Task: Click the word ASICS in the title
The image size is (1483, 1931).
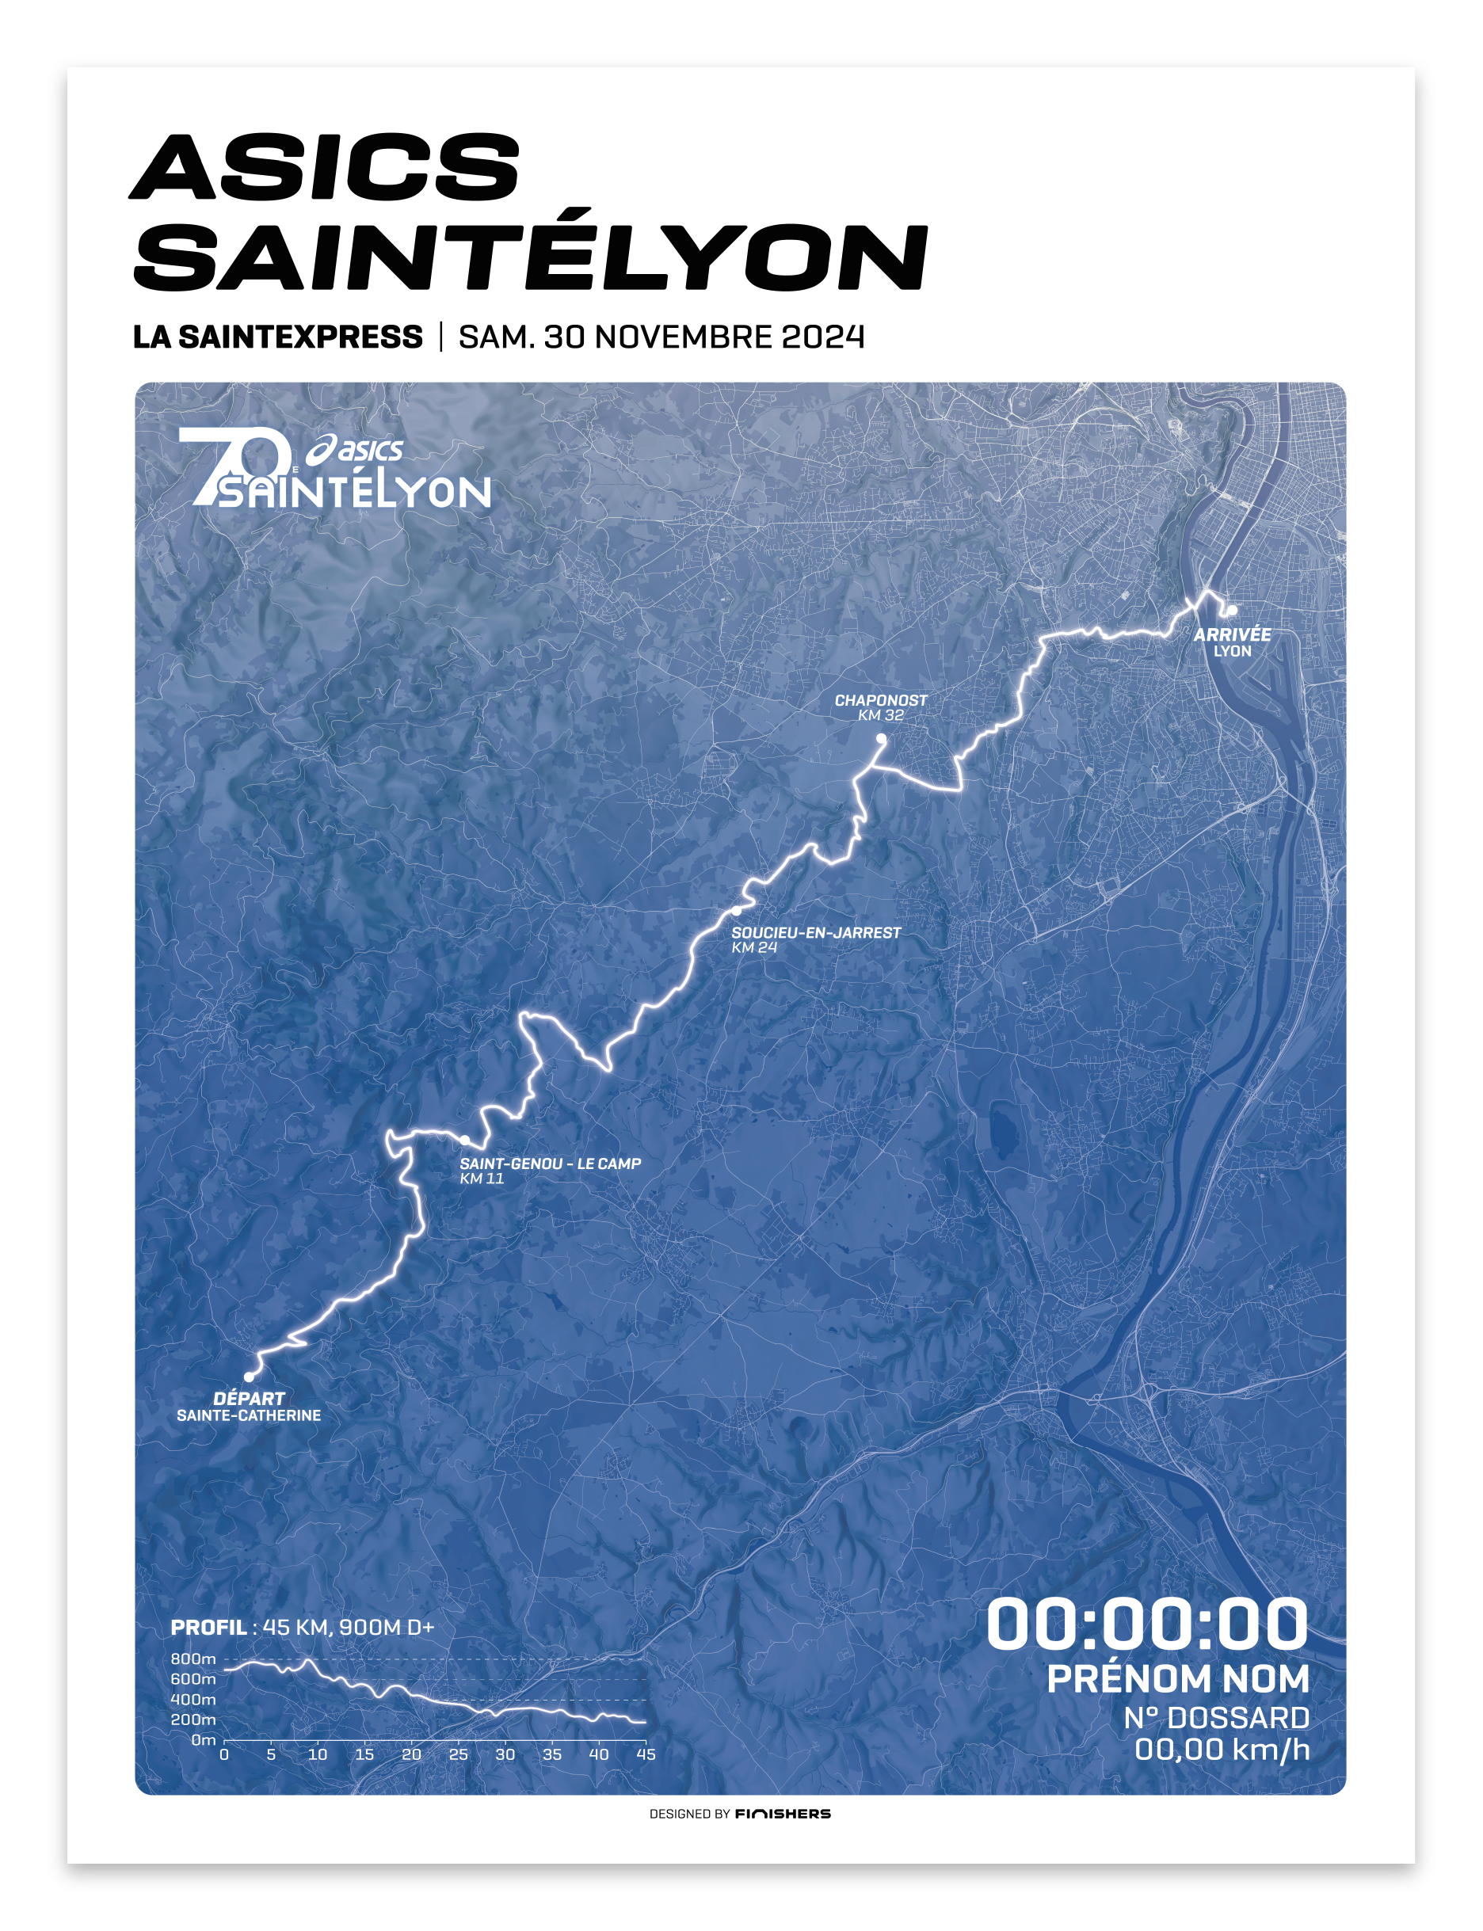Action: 325,167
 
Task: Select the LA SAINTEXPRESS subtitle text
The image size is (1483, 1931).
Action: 277,337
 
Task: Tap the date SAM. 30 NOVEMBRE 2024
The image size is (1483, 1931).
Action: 661,337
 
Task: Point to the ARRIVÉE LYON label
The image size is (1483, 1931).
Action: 1233,642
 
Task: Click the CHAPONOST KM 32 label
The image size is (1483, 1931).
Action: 880,707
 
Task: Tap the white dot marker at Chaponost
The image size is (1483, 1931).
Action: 881,739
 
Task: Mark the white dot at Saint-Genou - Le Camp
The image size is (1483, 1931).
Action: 464,1141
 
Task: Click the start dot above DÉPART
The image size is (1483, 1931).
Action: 249,1377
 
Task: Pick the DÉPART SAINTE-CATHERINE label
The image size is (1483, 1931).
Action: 249,1407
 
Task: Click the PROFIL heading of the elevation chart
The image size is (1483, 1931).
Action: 208,1628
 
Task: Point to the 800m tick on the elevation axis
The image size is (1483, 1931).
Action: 193,1659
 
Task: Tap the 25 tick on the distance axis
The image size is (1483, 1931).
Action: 458,1754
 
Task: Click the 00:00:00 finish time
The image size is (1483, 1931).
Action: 1146,1624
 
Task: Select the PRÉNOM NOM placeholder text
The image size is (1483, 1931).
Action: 1177,1678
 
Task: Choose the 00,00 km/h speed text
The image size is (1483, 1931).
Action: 1222,1749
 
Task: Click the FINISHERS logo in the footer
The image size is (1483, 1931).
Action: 782,1814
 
